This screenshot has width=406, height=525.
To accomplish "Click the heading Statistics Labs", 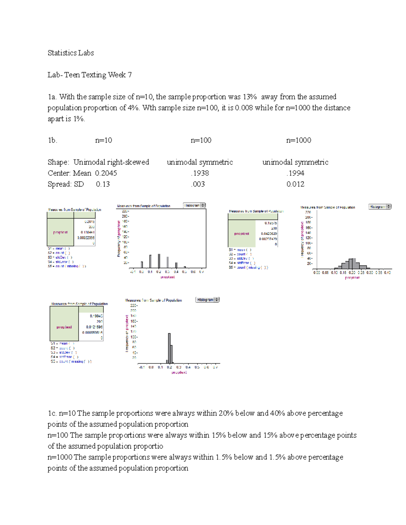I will [71, 53].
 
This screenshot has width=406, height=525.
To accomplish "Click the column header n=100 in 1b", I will [201, 140].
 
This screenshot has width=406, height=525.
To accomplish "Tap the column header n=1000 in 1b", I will [298, 140].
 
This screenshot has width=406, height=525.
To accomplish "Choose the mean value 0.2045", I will [106, 173].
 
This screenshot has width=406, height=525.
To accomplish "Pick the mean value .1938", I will [200, 173].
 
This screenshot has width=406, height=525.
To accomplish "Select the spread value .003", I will [198, 184].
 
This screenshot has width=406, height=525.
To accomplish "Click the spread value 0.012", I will [295, 184].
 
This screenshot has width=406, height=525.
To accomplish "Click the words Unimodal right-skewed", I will [111, 162].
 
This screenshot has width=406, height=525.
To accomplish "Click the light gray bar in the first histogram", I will [167, 262].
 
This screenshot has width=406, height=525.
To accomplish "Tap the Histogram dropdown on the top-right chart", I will [380, 207].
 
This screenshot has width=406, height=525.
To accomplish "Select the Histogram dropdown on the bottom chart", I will [207, 300].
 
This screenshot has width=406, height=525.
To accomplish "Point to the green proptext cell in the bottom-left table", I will [64, 327].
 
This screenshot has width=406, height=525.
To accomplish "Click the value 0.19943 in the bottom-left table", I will [96, 316].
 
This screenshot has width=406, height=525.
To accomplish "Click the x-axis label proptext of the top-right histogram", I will [352, 278].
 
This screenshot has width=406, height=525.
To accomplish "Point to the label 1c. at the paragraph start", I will [52, 413].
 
